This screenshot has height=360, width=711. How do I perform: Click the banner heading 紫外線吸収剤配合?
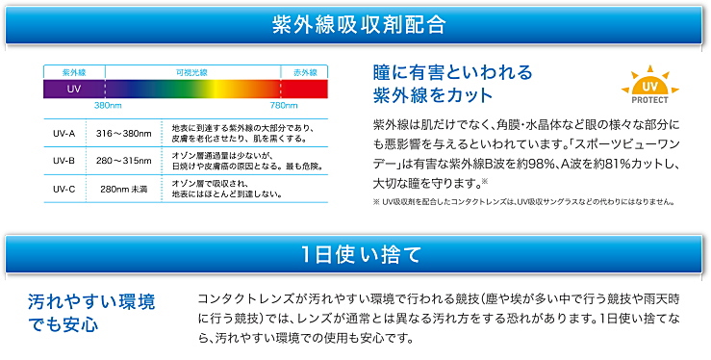click(x=354, y=23)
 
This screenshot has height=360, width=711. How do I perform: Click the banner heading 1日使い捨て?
click(x=354, y=255)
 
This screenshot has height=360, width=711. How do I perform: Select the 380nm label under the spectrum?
click(x=108, y=105)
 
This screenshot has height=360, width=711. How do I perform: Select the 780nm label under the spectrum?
click(x=283, y=105)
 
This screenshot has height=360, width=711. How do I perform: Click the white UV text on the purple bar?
click(x=73, y=89)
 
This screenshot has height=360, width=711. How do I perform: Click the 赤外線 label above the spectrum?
click(x=304, y=72)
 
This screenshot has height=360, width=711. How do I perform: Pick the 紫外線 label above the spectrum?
click(x=74, y=72)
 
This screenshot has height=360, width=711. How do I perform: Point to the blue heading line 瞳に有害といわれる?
click(x=451, y=73)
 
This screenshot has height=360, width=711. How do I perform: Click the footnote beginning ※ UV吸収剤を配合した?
click(x=509, y=202)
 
